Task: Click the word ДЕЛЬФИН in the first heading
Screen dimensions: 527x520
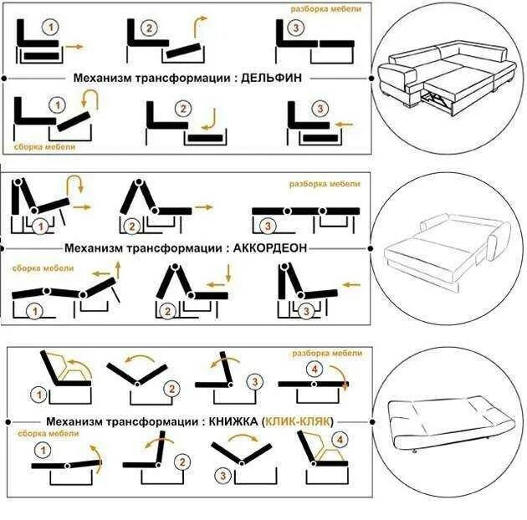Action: click(x=270, y=77)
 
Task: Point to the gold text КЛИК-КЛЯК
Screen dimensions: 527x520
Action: click(x=297, y=422)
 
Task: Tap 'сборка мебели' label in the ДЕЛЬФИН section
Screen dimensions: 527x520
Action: click(x=44, y=146)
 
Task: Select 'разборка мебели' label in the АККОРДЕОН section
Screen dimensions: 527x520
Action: click(x=325, y=184)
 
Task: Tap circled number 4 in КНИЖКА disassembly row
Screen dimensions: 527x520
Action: click(x=315, y=369)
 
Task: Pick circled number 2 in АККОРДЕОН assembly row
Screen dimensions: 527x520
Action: click(x=167, y=311)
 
